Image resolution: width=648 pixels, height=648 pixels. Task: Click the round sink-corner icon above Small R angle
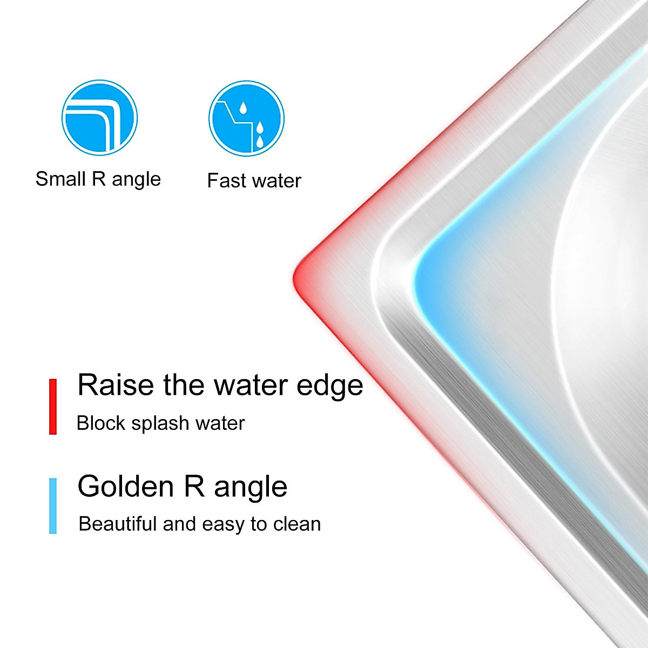99,118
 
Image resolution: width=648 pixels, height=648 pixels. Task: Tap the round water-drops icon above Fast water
246,118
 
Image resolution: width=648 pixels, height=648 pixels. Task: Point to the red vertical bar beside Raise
53,407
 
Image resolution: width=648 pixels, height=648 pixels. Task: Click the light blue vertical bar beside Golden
53,506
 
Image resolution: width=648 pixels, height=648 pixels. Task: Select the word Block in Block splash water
101,423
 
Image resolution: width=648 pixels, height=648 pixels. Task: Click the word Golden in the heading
125,486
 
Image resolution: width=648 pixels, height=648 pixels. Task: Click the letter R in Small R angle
98,179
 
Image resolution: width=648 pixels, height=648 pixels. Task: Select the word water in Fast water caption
277,181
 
